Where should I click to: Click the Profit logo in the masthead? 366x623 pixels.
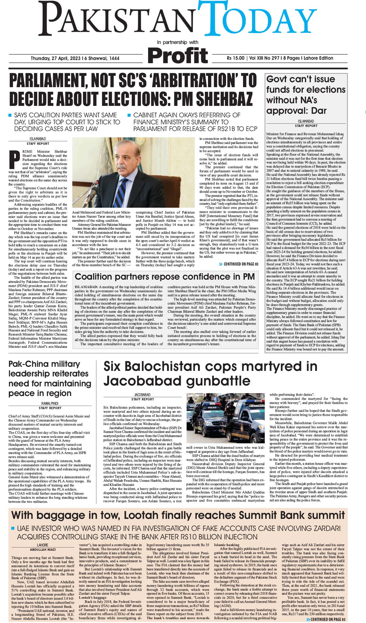[178, 55]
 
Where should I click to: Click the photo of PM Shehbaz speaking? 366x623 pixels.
[133, 173]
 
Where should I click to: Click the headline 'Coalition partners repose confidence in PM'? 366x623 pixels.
[165, 277]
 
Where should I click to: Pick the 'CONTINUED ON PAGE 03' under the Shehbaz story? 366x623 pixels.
[239, 264]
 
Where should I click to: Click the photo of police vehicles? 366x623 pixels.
[226, 418]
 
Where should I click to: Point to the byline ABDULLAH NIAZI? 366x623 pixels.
[43, 550]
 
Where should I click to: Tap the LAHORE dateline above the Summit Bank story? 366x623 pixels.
[43, 545]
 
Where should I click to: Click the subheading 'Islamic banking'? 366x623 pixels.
[227, 545]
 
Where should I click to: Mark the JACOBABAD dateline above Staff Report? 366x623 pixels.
[143, 395]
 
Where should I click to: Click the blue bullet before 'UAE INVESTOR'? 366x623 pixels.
[13, 528]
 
